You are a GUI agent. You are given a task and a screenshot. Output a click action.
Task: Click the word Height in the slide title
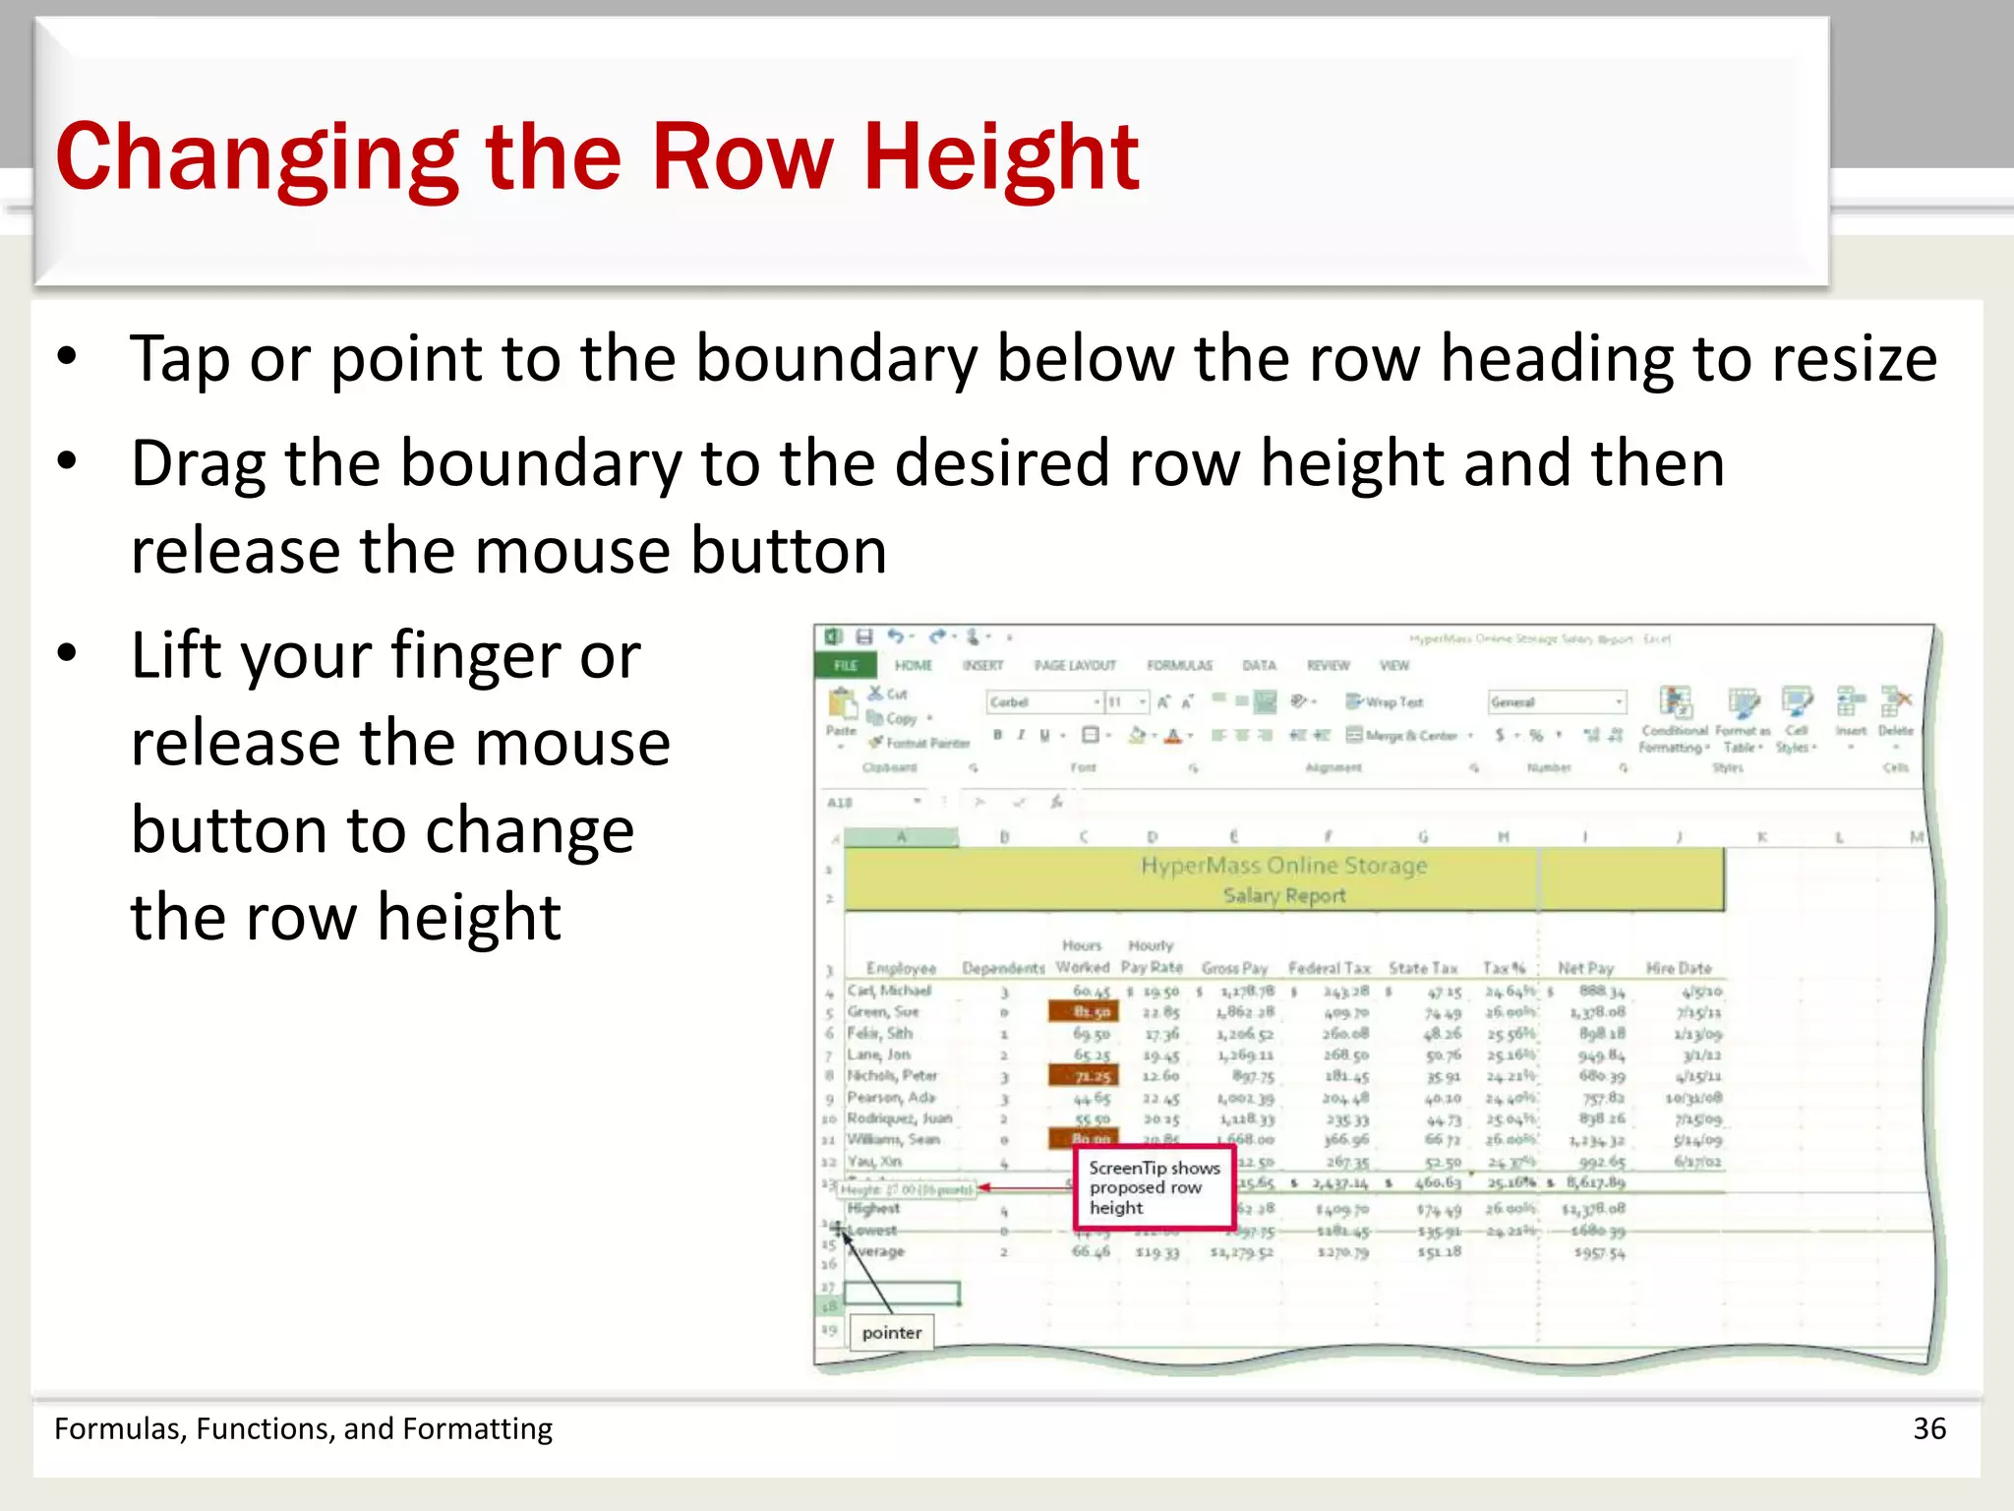click(1000, 157)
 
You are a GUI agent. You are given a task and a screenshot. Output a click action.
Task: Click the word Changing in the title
click(257, 157)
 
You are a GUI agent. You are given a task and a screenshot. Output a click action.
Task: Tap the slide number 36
click(1928, 1428)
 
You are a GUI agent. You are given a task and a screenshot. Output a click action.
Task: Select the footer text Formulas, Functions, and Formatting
click(303, 1428)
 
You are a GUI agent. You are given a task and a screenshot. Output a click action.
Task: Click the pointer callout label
click(891, 1333)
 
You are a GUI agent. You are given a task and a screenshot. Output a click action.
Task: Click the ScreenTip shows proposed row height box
click(1154, 1187)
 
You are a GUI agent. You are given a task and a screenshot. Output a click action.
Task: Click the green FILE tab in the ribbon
click(846, 666)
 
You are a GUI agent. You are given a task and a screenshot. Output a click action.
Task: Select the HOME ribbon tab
click(913, 666)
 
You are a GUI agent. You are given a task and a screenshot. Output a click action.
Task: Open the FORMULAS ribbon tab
click(1179, 666)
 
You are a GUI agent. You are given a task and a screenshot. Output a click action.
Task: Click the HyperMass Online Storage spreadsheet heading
click(1283, 866)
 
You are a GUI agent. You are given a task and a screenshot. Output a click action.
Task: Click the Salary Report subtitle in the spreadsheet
click(1283, 896)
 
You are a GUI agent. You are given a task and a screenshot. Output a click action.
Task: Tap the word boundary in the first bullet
click(836, 358)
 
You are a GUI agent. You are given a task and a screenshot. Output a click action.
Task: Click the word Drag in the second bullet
click(198, 464)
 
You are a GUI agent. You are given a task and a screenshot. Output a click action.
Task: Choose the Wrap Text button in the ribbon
click(1385, 702)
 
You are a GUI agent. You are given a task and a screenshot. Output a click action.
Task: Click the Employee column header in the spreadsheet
click(900, 969)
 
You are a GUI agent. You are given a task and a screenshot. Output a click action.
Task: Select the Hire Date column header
click(1679, 969)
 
